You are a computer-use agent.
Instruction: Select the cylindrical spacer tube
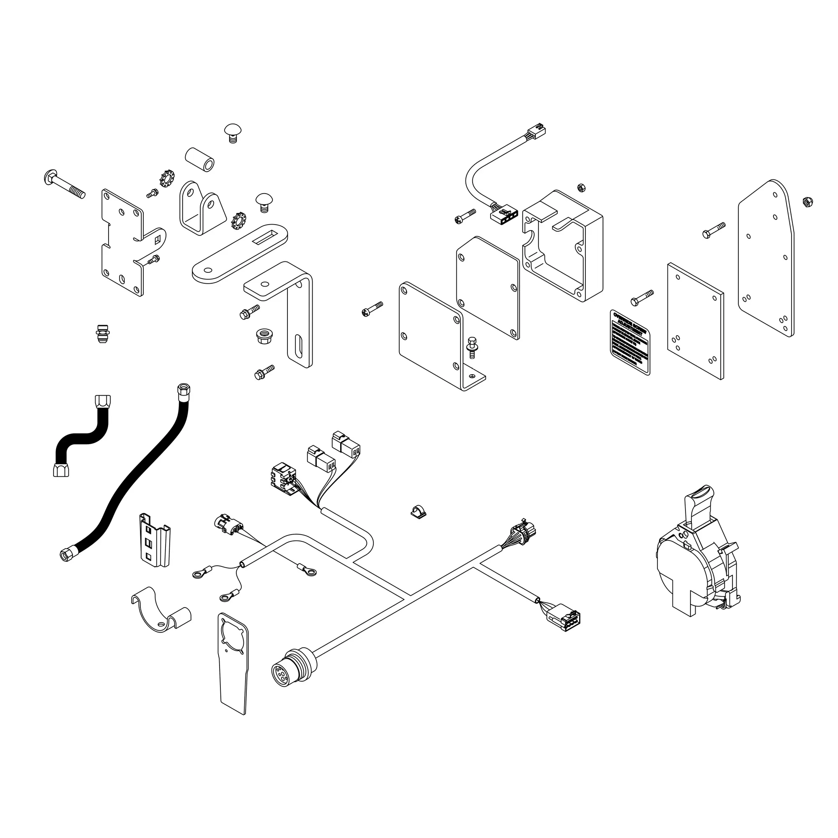199,159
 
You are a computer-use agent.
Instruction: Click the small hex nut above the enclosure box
581,187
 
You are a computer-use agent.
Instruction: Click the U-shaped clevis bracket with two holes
202,208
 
